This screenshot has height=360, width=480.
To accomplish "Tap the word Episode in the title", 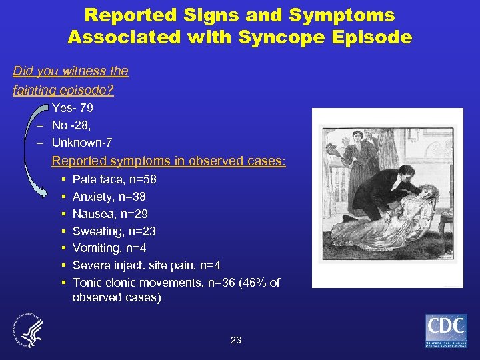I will click(x=372, y=37).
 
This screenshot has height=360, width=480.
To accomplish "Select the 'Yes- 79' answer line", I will click(x=73, y=108).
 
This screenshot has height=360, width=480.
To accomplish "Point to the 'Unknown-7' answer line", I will click(x=82, y=143).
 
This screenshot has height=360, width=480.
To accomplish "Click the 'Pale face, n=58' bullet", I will click(x=114, y=179).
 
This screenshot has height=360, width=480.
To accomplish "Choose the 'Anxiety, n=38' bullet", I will click(x=109, y=197).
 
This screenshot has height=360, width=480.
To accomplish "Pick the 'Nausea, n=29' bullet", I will click(x=110, y=214).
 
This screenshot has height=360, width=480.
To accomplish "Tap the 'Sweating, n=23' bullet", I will click(x=114, y=231).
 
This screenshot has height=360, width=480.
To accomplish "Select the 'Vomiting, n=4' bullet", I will click(x=109, y=249).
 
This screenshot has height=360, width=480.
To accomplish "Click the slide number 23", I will click(x=235, y=340).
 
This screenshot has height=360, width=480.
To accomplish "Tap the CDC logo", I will click(x=446, y=331).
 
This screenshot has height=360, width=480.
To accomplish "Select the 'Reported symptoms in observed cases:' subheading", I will click(x=169, y=161).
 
